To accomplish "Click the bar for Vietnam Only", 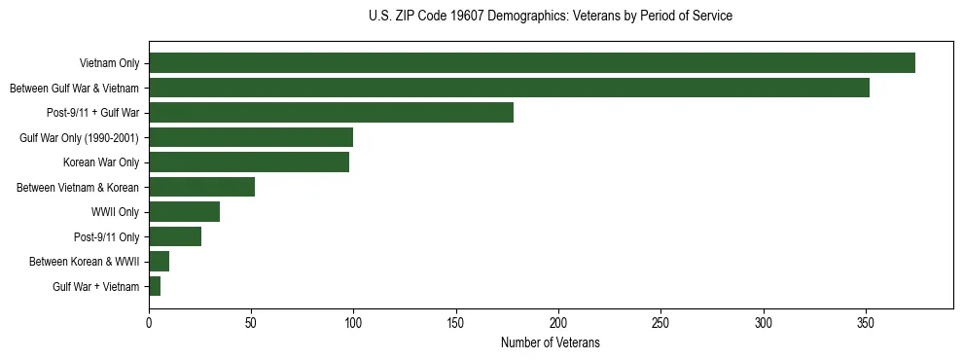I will [x=532, y=63].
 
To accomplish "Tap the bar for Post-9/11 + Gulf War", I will [x=331, y=113].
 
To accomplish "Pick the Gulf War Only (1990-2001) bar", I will [x=251, y=137].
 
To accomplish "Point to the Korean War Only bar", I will [x=249, y=162].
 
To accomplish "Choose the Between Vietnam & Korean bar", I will [x=201, y=187].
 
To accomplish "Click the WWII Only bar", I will [x=184, y=212].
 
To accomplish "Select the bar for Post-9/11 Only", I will [x=175, y=236].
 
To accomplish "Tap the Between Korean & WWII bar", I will [x=159, y=262].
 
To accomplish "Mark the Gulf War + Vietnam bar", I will [x=155, y=286].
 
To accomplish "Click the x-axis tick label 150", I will [x=456, y=323].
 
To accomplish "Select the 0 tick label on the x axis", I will [x=149, y=323].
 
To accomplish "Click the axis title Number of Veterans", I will [x=551, y=343].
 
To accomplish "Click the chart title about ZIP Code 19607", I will [x=551, y=17].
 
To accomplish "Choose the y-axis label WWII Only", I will [x=115, y=212].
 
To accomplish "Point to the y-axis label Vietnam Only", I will [x=109, y=63].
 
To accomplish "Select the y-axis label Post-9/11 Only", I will [x=106, y=236].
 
